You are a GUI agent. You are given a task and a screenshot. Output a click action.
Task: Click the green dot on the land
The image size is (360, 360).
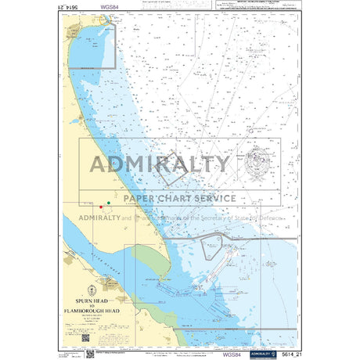(x=108, y=203)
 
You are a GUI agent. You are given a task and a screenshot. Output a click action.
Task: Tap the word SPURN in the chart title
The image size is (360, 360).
(x=82, y=301)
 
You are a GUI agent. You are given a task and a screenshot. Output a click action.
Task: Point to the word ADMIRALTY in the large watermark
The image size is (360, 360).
(x=160, y=164)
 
